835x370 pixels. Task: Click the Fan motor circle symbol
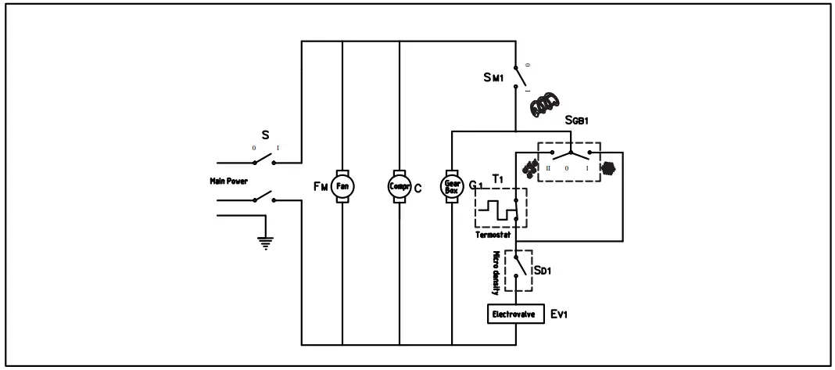coord(342,186)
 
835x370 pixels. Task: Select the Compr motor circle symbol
coord(399,186)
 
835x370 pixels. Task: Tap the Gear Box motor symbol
coord(452,186)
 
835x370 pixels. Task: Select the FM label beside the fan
coord(319,186)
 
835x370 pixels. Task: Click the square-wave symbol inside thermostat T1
coord(497,209)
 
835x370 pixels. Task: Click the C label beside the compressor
coord(418,187)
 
